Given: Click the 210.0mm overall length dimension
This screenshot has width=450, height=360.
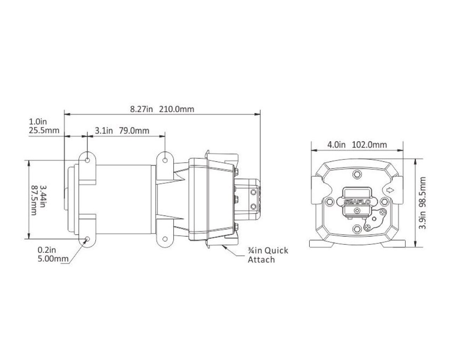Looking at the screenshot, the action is tap(176, 109).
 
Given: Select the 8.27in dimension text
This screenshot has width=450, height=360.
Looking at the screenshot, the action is tap(142, 109).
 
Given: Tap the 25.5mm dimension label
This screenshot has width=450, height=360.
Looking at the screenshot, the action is tap(44, 130).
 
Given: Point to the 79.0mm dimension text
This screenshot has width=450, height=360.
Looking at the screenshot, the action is tap(134, 131).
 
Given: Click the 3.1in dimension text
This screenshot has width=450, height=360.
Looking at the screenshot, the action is tap(104, 131).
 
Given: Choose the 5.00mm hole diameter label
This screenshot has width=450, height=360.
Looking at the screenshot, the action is tap(53, 259).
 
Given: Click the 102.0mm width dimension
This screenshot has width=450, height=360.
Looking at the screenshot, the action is tap(369, 145).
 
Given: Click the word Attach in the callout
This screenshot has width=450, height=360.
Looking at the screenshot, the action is tap(261, 260).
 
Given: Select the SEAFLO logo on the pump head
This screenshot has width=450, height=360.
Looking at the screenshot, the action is tap(357, 202).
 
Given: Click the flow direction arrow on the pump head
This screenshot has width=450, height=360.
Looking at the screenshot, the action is tap(390, 190).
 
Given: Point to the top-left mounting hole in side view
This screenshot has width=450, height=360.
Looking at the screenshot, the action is tap(88, 160).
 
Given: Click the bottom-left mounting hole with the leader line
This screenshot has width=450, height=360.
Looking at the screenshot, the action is tap(88, 239).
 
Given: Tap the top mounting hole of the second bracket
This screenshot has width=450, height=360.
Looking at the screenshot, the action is tap(165, 160).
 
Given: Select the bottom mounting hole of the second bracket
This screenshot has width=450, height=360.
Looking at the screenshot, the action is tap(165, 239).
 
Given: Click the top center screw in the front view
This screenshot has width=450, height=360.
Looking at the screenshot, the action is tap(357, 174).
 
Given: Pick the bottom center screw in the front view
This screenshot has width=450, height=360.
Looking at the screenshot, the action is tap(357, 229).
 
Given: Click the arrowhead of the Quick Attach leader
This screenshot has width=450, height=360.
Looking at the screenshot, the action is tap(224, 247).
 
